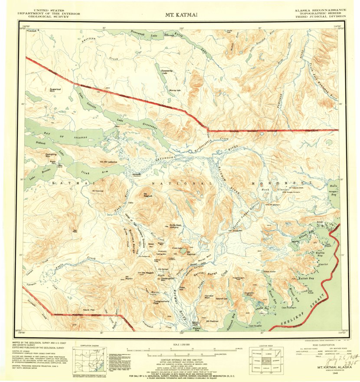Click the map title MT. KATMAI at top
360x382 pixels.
tap(181, 14)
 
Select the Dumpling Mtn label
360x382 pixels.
tap(50, 154)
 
